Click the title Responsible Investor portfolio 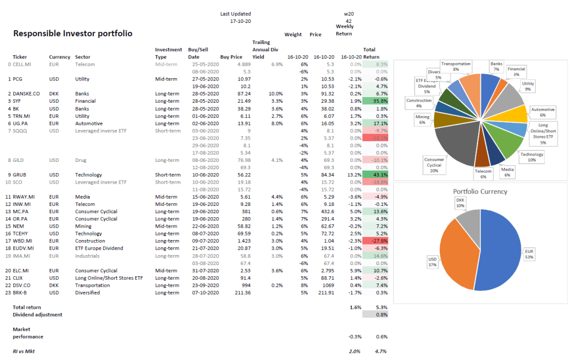pos(73,33)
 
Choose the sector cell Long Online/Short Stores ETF pos(109,277)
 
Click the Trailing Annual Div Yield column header pos(265,49)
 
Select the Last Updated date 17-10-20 pos(241,21)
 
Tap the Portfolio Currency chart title pos(480,191)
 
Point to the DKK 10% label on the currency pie pos(460,202)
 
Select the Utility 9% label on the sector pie pos(527,85)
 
